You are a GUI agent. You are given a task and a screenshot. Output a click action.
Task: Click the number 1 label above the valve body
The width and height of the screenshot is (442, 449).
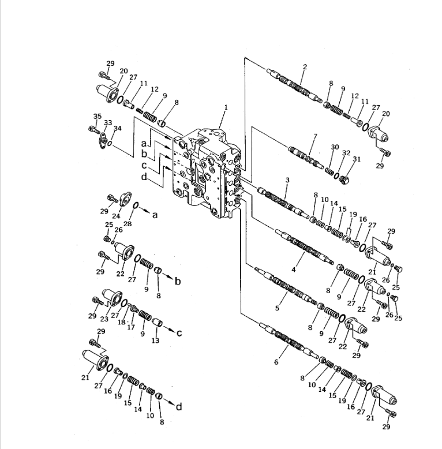click(x=226, y=107)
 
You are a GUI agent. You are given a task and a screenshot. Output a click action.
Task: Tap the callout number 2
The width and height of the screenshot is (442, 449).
click(x=305, y=67)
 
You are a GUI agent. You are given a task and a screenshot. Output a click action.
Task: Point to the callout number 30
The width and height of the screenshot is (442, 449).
click(x=335, y=147)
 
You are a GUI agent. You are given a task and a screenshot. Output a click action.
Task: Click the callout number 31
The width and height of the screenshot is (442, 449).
click(x=357, y=159)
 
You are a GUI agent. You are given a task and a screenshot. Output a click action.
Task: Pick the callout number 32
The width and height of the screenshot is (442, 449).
click(x=346, y=153)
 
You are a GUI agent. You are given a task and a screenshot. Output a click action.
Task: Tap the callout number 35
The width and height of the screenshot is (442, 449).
click(x=98, y=117)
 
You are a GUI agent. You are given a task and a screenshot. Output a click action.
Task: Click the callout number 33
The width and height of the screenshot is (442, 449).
click(x=108, y=123)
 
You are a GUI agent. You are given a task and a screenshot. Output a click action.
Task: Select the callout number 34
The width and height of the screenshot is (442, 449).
click(x=118, y=128)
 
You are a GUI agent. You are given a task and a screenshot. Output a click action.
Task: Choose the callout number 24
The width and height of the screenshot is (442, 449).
click(x=116, y=216)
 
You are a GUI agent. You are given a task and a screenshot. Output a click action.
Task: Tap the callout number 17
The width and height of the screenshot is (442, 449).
click(x=132, y=327)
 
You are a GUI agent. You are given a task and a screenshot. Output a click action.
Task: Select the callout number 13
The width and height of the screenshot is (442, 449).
click(x=155, y=341)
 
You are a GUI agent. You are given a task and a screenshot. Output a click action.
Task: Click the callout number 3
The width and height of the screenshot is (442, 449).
click(x=287, y=181)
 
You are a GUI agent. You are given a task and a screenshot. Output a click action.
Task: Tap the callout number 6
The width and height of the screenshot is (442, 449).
click(x=276, y=362)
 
